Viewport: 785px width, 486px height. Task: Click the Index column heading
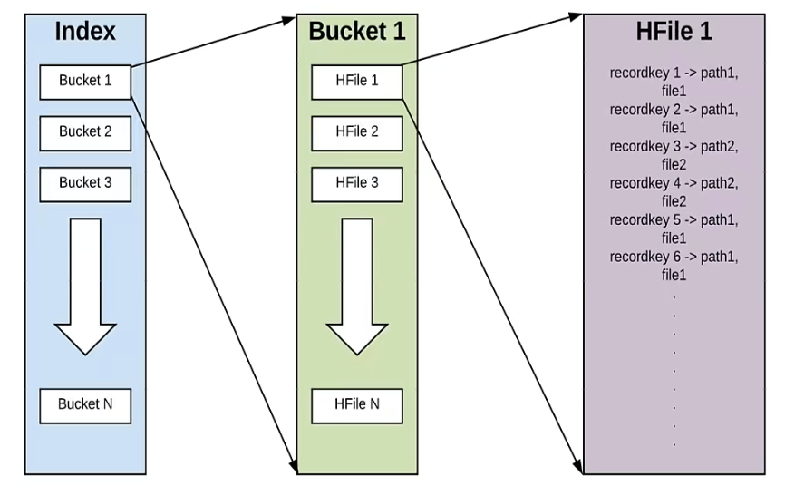(x=85, y=31)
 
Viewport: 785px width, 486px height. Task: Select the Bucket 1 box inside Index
(x=85, y=82)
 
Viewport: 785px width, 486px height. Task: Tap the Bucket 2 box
(x=85, y=133)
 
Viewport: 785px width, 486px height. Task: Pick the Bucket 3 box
(x=85, y=184)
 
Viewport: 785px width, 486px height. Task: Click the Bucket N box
(x=85, y=406)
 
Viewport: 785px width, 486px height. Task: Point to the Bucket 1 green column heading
(x=356, y=31)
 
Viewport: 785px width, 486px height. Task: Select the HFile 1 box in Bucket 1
(x=357, y=82)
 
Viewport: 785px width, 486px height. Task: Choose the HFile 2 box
(x=357, y=133)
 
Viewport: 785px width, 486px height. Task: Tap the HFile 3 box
(x=357, y=184)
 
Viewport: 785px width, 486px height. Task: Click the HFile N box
(x=357, y=406)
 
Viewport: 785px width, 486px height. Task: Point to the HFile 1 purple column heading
(x=674, y=31)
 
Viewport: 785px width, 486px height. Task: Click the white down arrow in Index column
(x=85, y=287)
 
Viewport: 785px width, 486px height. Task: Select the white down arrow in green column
(x=357, y=287)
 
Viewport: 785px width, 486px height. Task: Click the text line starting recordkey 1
(x=674, y=73)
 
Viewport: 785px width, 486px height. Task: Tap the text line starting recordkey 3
(x=674, y=147)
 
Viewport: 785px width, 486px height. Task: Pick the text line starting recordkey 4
(x=674, y=183)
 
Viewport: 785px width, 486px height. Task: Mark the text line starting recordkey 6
(x=674, y=257)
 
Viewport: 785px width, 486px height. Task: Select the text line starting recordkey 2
(x=674, y=110)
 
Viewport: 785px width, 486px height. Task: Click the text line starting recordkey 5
(x=674, y=220)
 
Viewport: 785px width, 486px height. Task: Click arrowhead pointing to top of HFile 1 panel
(x=576, y=17)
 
